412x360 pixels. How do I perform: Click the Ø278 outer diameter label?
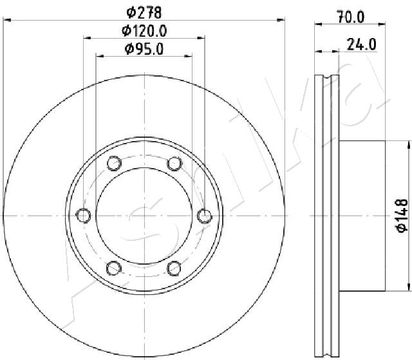coord(144,12)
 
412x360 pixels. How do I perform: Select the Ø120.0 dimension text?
coord(144,31)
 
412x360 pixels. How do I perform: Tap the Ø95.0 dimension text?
coord(144,49)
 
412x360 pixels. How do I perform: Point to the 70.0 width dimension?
coord(351,17)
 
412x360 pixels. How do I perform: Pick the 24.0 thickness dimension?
coord(362,44)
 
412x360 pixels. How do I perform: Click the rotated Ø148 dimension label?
coord(402,216)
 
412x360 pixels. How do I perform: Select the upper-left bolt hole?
coord(115,163)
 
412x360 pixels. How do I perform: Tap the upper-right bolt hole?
coord(174,164)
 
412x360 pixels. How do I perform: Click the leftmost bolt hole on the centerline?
coord(84,216)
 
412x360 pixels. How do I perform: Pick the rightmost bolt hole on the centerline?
coord(205,216)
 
